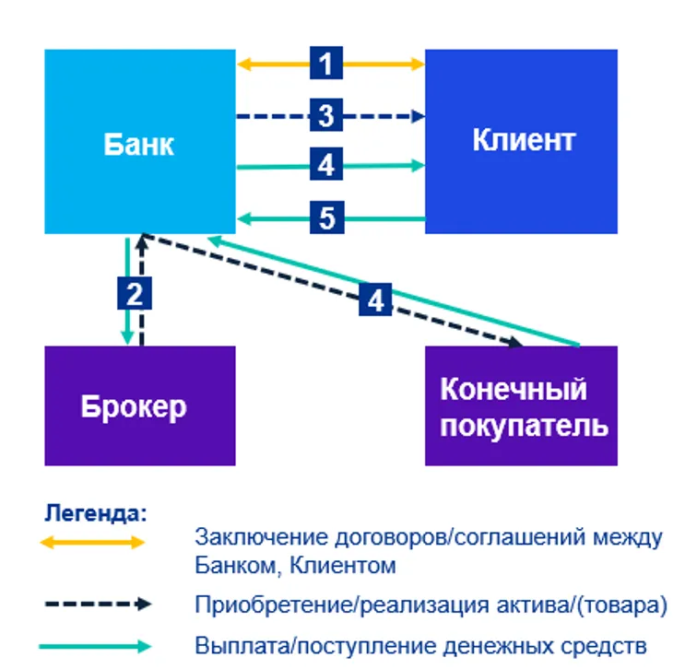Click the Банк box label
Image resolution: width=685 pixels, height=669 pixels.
click(138, 144)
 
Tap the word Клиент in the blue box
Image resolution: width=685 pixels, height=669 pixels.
click(523, 140)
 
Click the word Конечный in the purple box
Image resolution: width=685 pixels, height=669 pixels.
click(513, 389)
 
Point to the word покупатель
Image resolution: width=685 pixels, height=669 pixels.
click(523, 426)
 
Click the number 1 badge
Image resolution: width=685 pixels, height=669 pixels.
click(326, 64)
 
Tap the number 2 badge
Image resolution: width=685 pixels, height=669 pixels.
click(135, 294)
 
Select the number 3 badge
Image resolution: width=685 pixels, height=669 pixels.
click(326, 116)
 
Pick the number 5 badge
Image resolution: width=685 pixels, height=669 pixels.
click(326, 218)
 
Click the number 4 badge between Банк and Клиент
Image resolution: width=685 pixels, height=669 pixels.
click(326, 166)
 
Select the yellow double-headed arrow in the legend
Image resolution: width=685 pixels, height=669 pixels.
click(92, 542)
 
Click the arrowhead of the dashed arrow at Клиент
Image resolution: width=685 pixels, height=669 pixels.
click(419, 116)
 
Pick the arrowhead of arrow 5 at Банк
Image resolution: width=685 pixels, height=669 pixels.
click(242, 218)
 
